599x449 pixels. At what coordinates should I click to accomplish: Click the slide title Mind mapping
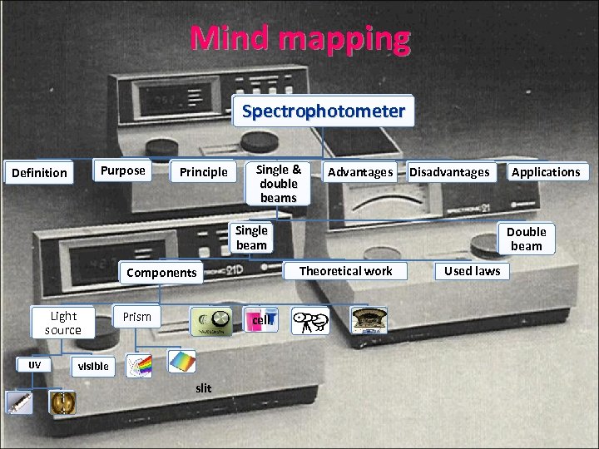point(299,38)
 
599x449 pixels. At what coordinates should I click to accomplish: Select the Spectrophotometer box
point(323,111)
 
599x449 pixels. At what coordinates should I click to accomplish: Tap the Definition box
point(38,173)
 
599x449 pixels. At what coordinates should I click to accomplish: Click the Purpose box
point(122,170)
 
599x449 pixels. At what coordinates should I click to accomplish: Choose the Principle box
point(203,172)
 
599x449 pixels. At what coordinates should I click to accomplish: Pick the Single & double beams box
point(278,183)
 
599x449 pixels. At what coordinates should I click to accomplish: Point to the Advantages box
point(359,172)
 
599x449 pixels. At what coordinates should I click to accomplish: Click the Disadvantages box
point(449,172)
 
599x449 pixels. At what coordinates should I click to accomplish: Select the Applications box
point(545,172)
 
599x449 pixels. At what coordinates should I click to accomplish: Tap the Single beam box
point(251,238)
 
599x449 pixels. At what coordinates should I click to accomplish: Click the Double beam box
point(526,239)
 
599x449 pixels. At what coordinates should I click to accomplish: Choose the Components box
point(161,272)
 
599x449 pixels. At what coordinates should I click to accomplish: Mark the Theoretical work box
point(345,271)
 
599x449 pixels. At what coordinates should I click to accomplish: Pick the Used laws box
point(472,271)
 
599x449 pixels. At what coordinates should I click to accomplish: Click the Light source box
point(63,323)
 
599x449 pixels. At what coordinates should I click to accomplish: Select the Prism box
point(137,317)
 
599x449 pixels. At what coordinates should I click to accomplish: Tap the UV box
point(34,365)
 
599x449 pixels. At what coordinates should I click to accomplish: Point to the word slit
point(204,388)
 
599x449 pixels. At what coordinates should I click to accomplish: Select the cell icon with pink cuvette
point(260,321)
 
